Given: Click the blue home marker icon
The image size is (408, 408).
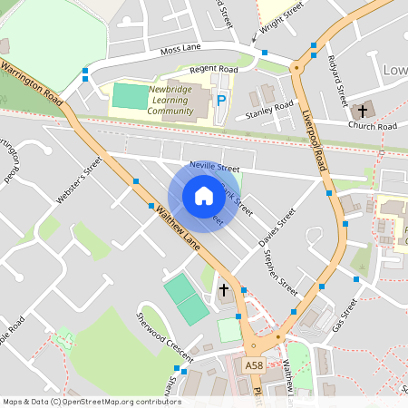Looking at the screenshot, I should pyautogui.click(x=203, y=195).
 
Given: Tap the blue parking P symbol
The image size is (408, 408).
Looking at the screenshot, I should pyautogui.click(x=221, y=100).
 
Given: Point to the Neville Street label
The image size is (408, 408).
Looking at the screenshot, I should pyautogui.click(x=215, y=168).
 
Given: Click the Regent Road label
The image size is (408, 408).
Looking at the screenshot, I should pyautogui.click(x=213, y=69).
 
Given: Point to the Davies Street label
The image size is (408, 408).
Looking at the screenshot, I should pyautogui.click(x=277, y=228).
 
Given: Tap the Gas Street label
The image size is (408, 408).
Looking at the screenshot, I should pyautogui.click(x=345, y=314).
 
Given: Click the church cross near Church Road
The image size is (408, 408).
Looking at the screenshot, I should pyautogui.click(x=362, y=111).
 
